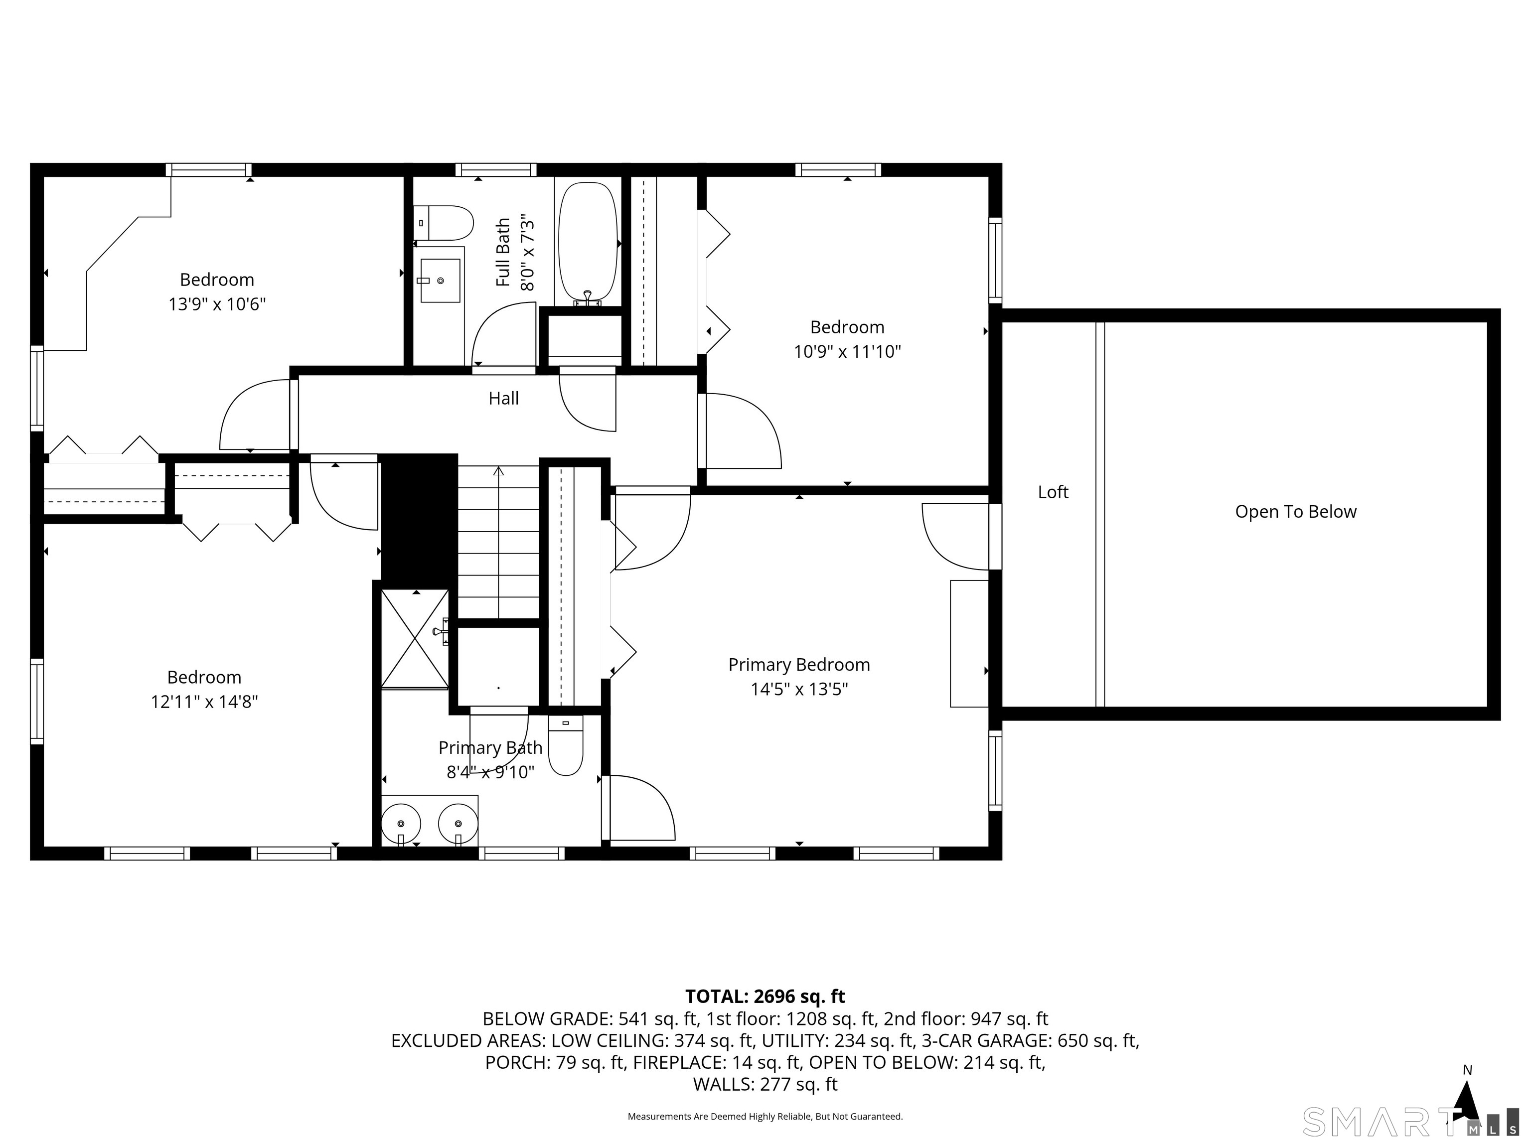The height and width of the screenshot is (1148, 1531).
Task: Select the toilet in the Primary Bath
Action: coord(566,745)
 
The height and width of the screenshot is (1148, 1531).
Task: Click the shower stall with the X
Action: coord(415,639)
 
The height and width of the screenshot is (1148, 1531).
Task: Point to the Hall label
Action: coord(503,398)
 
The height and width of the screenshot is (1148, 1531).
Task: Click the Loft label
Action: coord(1053,492)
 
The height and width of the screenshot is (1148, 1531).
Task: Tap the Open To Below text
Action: coord(1296,512)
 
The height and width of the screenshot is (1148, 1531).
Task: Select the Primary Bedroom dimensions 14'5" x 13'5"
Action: coord(799,689)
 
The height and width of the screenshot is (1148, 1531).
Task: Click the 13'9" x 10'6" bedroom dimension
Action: coord(217,304)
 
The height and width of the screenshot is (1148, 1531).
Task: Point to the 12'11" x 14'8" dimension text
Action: coord(204,702)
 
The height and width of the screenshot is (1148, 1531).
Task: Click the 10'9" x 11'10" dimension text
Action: coord(847,352)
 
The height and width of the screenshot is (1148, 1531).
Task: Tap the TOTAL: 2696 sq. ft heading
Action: coord(765,997)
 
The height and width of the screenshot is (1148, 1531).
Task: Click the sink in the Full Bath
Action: coord(440,280)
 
